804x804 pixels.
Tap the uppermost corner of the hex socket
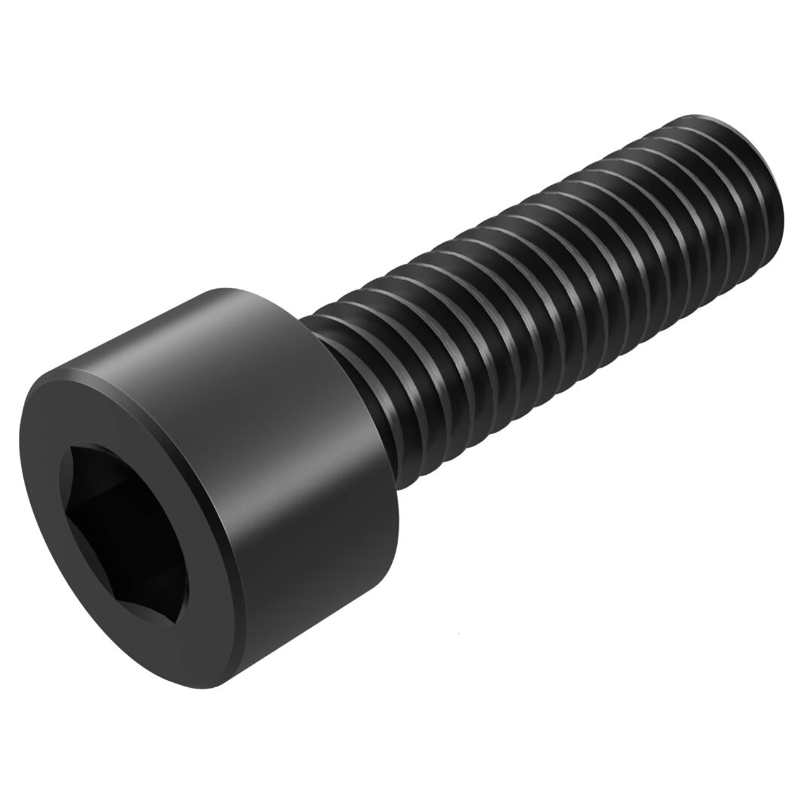point(71,447)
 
